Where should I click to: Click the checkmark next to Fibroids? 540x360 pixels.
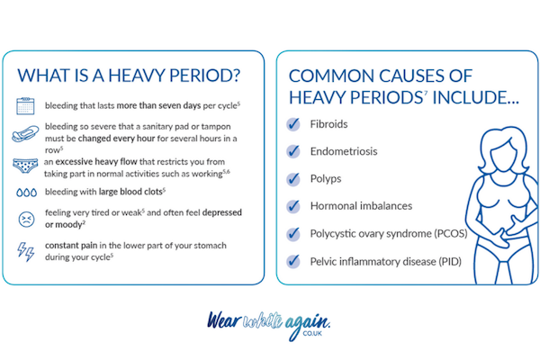click(x=292, y=124)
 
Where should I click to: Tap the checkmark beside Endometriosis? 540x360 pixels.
click(x=292, y=152)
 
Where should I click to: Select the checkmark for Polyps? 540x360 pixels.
click(x=292, y=179)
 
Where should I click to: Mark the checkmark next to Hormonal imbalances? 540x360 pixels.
click(x=292, y=207)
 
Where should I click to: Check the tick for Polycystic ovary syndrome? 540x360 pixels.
click(x=292, y=234)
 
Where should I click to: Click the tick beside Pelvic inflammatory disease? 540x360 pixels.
click(x=292, y=262)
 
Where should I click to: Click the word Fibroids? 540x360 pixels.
click(x=330, y=125)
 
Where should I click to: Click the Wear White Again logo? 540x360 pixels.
click(x=270, y=322)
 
